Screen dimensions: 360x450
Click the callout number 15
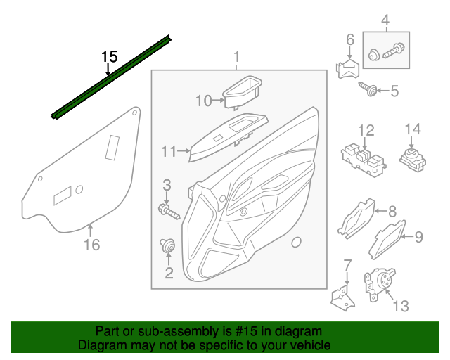[x=109, y=56]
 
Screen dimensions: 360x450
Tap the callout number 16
[x=91, y=245]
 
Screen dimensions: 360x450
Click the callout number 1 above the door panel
[x=237, y=56]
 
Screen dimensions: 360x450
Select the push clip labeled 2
[x=167, y=247]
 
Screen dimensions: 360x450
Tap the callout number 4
[x=385, y=19]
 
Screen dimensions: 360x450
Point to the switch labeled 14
[x=411, y=158]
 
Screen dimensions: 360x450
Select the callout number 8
[x=392, y=210]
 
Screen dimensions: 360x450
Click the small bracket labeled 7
[x=343, y=294]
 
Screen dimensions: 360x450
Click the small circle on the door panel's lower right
[x=295, y=243]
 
